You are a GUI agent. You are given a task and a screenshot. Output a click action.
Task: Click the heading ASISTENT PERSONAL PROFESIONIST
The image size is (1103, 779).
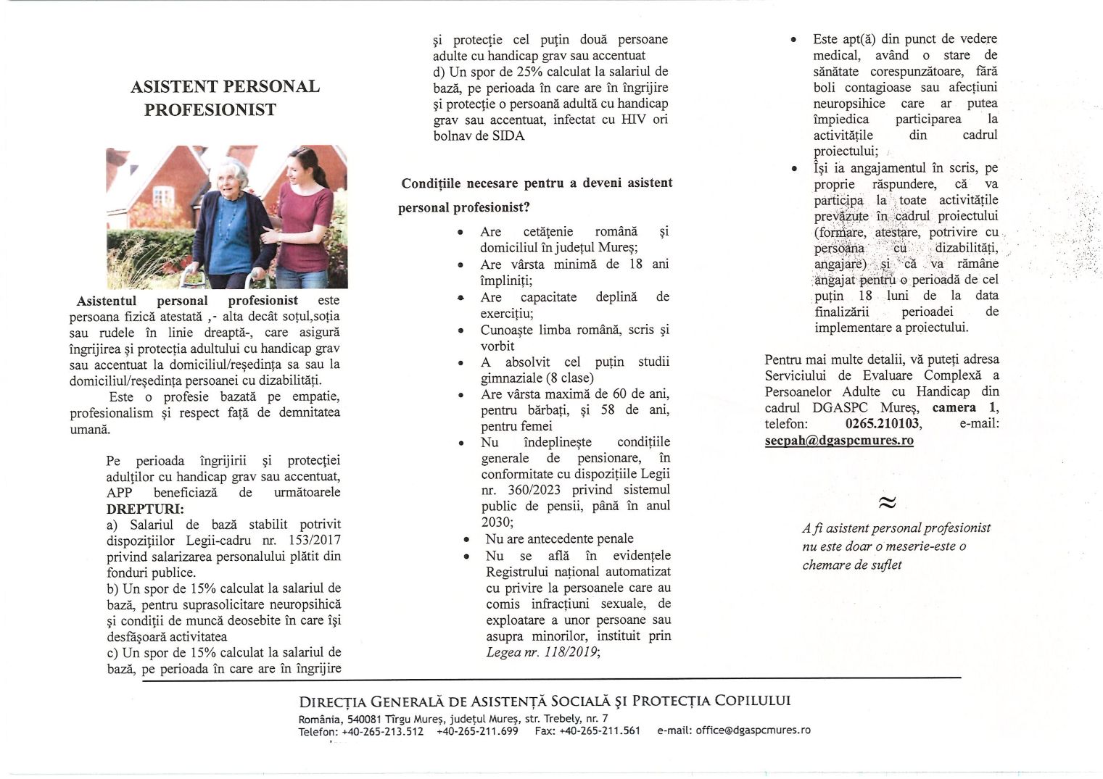[225, 98]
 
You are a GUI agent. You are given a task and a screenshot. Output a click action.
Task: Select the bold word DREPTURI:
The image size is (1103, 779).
[145, 509]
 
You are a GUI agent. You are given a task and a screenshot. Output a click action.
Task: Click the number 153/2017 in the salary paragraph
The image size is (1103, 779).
[315, 541]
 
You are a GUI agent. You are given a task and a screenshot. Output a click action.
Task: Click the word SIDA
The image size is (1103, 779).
[508, 136]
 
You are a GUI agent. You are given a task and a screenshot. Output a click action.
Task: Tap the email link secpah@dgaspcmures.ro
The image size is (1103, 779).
[839, 440]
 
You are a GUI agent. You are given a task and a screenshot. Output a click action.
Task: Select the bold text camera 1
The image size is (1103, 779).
[964, 407]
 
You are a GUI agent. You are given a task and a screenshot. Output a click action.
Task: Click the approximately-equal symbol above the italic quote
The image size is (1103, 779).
[886, 502]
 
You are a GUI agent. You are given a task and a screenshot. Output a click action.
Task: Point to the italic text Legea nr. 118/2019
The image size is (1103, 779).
[543, 652]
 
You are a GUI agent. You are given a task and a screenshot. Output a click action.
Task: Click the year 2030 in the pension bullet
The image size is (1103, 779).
[496, 522]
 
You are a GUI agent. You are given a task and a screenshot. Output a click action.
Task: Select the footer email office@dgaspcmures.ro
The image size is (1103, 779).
[753, 730]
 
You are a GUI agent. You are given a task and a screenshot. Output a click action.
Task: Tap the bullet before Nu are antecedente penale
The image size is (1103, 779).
[466, 539]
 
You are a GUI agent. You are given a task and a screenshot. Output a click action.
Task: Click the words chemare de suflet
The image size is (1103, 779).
[851, 565]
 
